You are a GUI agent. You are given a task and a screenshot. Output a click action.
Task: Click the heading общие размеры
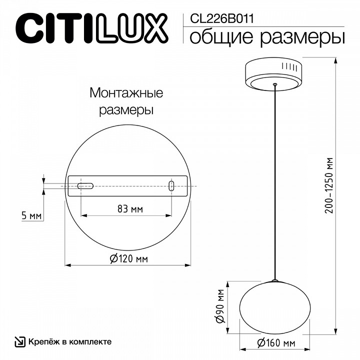(x=267, y=37)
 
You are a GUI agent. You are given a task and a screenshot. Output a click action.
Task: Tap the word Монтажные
(x=126, y=93)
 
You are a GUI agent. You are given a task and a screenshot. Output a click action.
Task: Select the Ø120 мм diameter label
(x=128, y=258)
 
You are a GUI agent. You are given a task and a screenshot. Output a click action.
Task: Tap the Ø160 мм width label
(x=276, y=343)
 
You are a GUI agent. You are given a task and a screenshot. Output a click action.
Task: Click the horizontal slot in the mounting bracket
(x=85, y=186)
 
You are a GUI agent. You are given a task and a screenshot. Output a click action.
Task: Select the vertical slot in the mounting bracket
(x=171, y=186)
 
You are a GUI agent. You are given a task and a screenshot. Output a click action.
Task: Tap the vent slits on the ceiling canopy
(x=290, y=67)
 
